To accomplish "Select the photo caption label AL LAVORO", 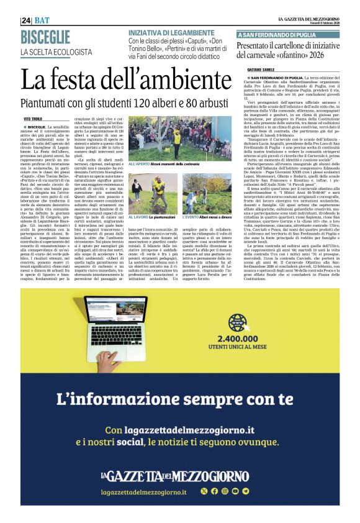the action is tap(138, 219).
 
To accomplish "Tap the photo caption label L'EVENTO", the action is tap(194, 219).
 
